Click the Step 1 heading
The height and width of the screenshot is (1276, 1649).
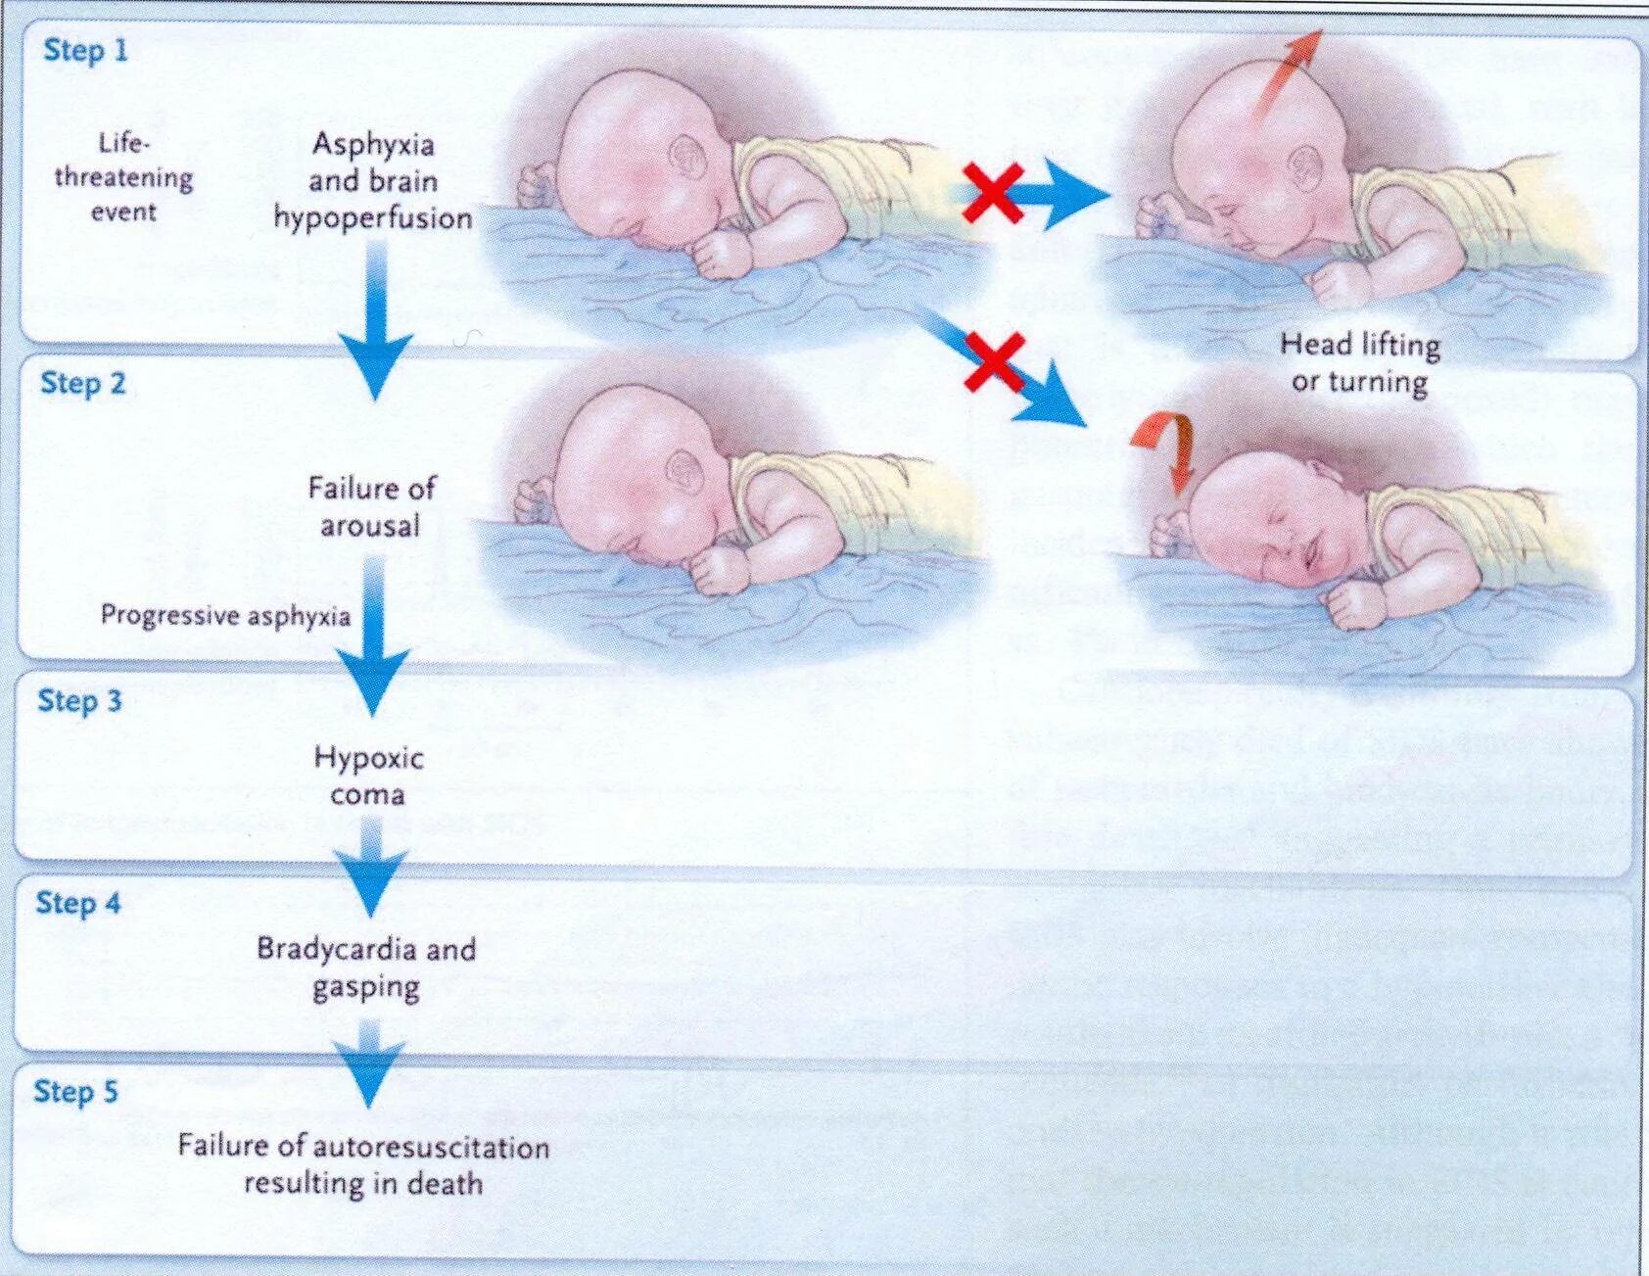85,50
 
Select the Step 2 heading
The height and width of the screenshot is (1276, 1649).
83,383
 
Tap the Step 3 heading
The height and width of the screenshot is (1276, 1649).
79,700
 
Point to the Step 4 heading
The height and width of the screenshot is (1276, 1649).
77,903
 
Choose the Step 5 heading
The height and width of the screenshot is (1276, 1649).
75,1091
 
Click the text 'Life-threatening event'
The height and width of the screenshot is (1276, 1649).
123,177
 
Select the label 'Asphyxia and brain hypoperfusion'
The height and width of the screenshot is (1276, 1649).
372,181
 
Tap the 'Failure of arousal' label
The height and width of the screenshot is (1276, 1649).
371,506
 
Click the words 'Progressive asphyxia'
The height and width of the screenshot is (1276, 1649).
225,616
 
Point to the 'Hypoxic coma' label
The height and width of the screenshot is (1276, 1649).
368,775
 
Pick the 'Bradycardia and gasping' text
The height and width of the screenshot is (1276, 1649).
366,967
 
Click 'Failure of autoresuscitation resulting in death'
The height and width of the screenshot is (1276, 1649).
363,1164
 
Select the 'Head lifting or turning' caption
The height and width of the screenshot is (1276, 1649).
1359,362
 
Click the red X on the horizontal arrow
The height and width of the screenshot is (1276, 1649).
993,193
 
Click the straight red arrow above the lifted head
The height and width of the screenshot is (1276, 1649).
1287,74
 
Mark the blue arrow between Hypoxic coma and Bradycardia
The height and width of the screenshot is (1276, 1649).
369,867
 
